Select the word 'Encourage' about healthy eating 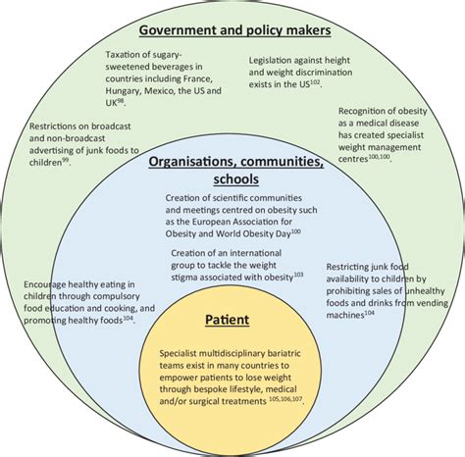coord(51,284)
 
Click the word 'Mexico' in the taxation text coord(161,89)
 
